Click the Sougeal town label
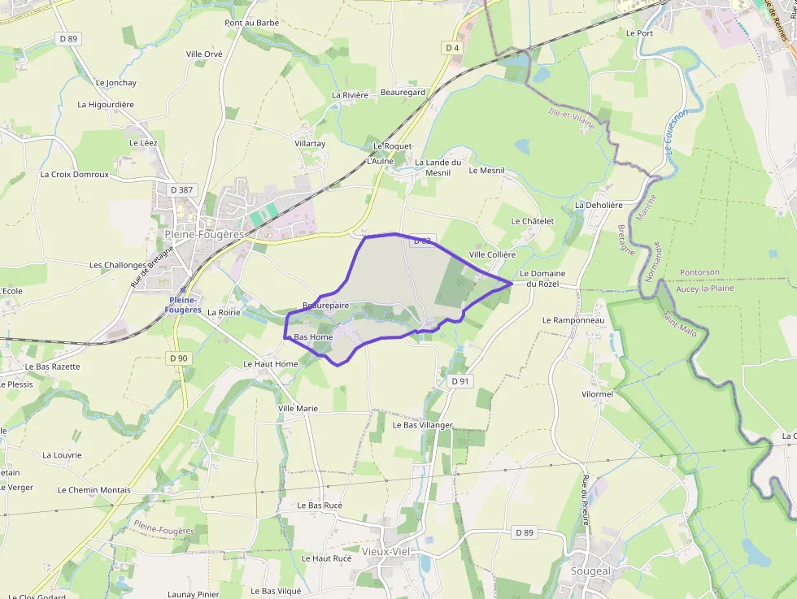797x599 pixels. click(590, 571)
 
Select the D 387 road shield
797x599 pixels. click(181, 189)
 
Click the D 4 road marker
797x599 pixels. click(452, 48)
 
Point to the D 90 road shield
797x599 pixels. click(179, 358)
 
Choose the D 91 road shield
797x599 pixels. click(459, 380)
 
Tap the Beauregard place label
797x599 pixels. click(403, 93)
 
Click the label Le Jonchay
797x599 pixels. click(116, 83)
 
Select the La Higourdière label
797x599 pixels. click(106, 105)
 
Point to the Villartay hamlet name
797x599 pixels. click(310, 143)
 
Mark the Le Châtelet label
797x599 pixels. click(533, 221)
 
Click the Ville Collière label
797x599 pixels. click(493, 254)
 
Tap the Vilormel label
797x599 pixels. click(598, 393)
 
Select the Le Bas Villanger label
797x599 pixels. click(423, 425)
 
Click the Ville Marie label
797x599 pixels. click(298, 408)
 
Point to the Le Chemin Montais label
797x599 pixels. click(94, 490)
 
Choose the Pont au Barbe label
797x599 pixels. click(252, 23)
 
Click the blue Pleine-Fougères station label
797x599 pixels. click(183, 305)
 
